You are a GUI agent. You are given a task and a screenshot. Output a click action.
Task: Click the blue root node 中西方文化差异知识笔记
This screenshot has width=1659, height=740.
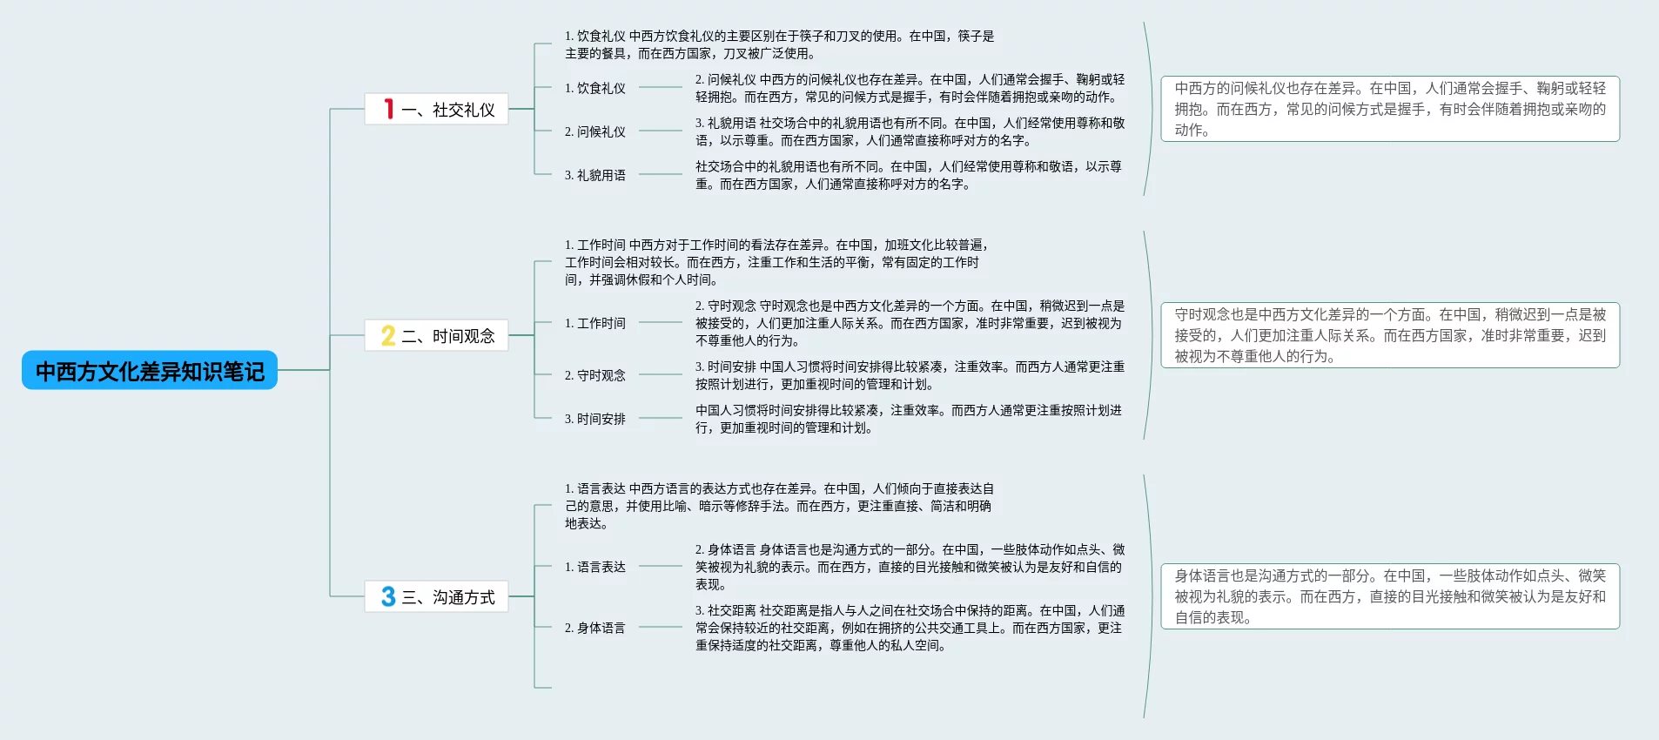pos(150,371)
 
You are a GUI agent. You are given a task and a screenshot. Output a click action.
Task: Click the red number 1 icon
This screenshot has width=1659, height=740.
pos(388,109)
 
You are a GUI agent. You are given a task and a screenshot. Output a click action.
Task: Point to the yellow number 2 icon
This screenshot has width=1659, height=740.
pos(388,335)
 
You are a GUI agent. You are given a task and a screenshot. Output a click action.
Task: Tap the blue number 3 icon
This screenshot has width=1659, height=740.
pos(388,596)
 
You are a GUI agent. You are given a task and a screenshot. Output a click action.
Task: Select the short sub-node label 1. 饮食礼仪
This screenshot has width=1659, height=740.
pos(595,88)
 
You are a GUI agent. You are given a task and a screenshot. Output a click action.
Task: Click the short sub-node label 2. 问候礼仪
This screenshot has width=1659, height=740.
pos(595,131)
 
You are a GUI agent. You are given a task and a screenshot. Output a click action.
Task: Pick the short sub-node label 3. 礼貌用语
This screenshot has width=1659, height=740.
pos(595,175)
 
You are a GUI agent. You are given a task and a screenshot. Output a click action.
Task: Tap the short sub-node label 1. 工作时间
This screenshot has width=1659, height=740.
pos(595,323)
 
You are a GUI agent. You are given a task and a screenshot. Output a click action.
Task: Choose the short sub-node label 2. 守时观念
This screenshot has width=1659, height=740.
pos(595,375)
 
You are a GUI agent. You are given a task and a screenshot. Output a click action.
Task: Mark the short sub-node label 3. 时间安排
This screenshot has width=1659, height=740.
pos(595,419)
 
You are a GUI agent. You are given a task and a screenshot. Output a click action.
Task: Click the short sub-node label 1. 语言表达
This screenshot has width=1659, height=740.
pos(595,567)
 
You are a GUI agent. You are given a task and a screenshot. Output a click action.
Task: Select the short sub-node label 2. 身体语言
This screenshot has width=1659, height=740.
pos(595,628)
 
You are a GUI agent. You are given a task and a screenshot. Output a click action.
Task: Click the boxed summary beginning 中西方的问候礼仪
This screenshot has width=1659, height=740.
pos(1390,109)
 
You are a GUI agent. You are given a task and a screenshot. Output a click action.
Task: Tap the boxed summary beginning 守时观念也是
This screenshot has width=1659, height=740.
pos(1390,335)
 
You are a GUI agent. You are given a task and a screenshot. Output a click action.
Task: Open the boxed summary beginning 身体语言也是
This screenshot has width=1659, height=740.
pos(1390,596)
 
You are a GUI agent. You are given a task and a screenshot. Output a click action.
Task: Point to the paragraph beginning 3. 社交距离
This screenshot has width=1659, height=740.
pos(910,628)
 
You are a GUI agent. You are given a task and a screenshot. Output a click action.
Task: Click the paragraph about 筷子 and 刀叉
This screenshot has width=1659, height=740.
pos(779,44)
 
